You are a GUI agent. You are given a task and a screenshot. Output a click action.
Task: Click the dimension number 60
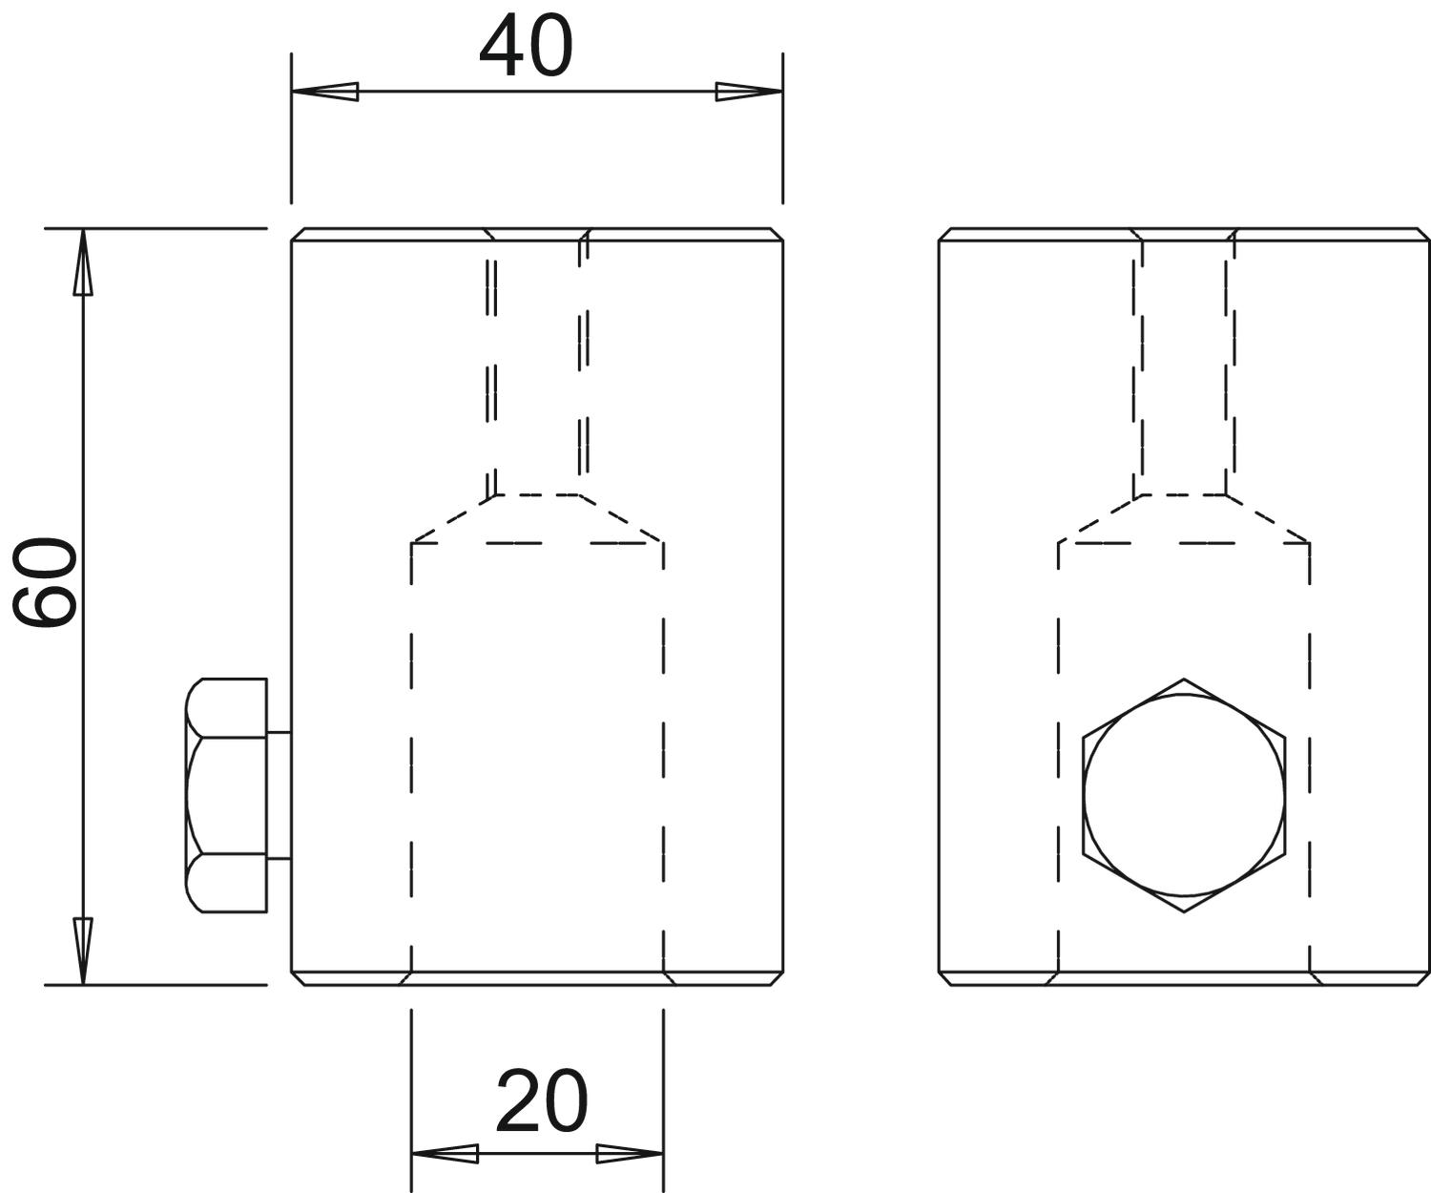click(x=45, y=582)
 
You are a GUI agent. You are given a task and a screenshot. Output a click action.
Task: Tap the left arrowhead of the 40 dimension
click(x=325, y=92)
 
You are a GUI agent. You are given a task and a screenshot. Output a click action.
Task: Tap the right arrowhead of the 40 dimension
click(x=749, y=92)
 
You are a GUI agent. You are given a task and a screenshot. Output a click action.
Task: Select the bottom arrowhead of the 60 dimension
click(x=83, y=951)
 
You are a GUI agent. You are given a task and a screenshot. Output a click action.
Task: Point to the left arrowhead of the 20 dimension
click(x=446, y=1153)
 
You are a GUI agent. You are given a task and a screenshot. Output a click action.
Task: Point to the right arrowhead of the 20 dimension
click(x=629, y=1153)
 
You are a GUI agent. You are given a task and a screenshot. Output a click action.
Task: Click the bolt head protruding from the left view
click(x=226, y=795)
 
